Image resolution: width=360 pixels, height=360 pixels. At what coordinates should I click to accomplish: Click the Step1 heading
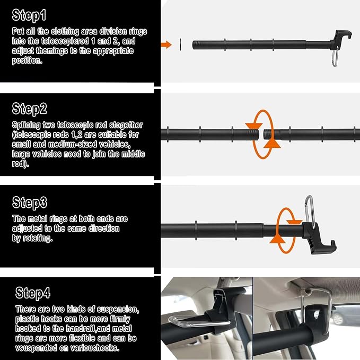pos(29,15)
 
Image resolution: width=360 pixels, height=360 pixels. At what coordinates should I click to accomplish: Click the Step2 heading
pos(29,109)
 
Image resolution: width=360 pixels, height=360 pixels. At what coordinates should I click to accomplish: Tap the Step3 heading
pos(30,203)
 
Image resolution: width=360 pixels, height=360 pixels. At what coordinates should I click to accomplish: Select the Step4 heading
pos(33,293)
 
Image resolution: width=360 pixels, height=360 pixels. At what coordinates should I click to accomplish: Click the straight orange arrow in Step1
pos(166,45)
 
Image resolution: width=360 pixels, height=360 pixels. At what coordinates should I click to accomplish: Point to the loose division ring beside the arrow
pos(180,45)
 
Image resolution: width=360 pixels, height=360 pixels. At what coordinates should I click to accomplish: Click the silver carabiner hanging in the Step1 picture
pos(335,57)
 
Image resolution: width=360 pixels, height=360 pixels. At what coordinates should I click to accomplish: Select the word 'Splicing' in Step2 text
pos(27,125)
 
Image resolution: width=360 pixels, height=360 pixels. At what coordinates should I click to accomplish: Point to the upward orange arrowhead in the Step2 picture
pos(272,144)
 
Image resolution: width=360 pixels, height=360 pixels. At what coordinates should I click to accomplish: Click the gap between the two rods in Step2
pos(261,134)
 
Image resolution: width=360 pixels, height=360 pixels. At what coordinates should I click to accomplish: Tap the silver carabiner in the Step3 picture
pos(309,212)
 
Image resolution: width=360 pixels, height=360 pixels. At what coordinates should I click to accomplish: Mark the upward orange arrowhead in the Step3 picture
pos(278,239)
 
